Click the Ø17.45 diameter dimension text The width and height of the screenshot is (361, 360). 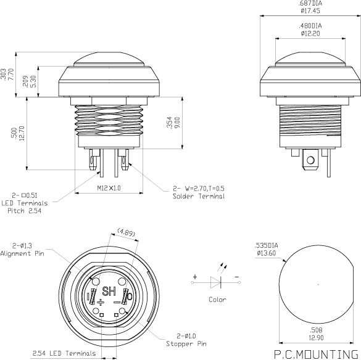[310, 10]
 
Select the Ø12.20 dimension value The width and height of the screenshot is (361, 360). [310, 33]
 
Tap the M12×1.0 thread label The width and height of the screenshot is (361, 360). [109, 188]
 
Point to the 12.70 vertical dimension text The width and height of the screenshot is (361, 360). [22, 133]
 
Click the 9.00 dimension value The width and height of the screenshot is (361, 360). [178, 123]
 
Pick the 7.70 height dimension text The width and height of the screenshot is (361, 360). [11, 74]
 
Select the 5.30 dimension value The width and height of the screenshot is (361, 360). [33, 81]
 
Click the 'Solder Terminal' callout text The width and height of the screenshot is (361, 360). [199, 196]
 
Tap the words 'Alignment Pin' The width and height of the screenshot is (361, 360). [22, 253]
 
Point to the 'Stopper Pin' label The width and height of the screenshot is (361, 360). [186, 344]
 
